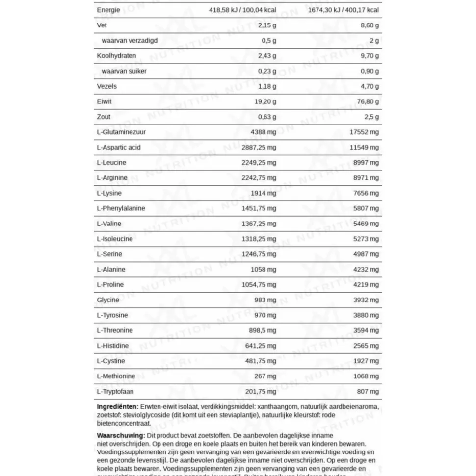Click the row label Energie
tap(108, 10)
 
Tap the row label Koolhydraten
tap(116, 56)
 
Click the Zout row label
tap(104, 117)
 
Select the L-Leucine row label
tap(111, 163)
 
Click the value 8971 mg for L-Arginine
tap(366, 178)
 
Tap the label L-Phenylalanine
tap(121, 208)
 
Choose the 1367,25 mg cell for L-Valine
tap(259, 224)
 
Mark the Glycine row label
tap(108, 300)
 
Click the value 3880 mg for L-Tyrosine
tap(366, 315)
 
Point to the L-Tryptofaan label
tap(115, 392)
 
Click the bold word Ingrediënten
tap(117, 407)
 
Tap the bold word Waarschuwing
tap(121, 435)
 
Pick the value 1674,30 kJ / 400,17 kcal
tap(343, 10)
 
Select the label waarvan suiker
tap(124, 71)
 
